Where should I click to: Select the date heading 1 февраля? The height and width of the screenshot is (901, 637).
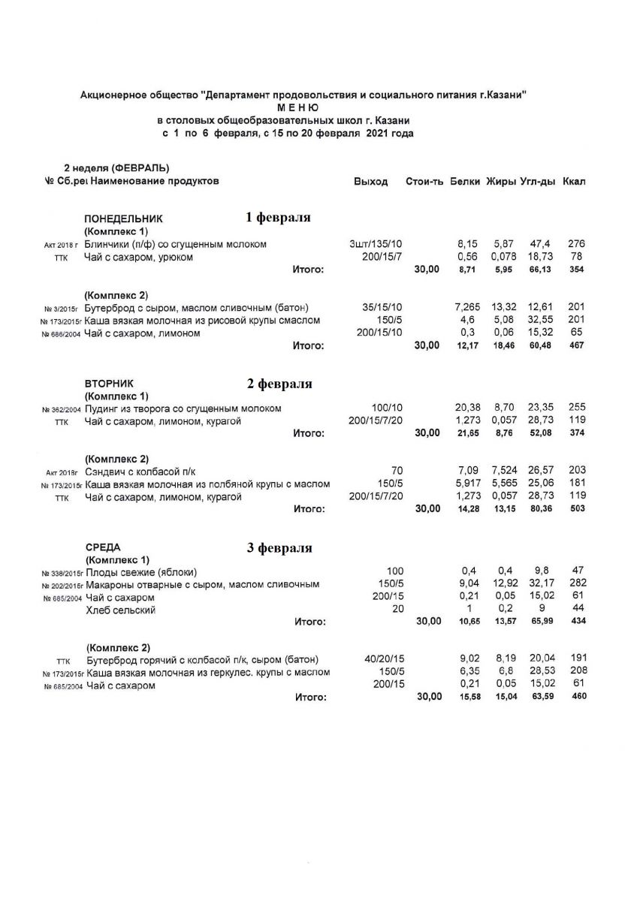[x=278, y=218]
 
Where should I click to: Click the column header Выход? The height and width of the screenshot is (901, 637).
[x=370, y=182]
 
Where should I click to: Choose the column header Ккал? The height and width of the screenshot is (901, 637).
[x=573, y=182]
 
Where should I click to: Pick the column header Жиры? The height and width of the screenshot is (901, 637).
[x=500, y=182]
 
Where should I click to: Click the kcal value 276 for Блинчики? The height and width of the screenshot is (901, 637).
[x=576, y=245]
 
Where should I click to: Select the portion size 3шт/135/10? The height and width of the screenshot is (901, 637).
[x=376, y=245]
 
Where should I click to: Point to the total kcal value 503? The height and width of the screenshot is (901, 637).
[x=576, y=509]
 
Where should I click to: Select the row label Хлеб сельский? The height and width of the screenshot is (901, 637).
[x=120, y=610]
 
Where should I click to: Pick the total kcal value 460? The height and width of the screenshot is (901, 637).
[x=577, y=698]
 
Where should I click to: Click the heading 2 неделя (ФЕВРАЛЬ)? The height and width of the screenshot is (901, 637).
[x=116, y=167]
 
